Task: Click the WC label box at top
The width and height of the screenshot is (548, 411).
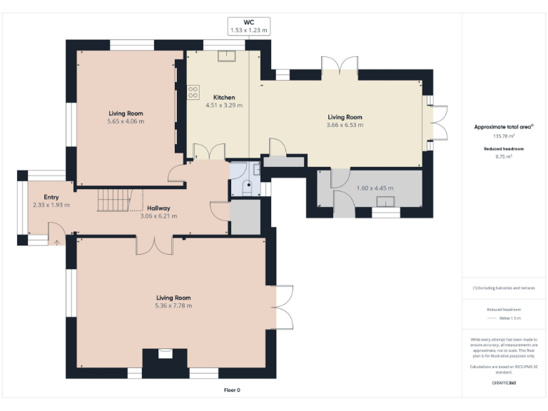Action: pos(248,26)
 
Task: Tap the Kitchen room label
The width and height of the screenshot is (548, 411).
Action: pos(223,97)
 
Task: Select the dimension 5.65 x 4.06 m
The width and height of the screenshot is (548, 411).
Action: pos(126,121)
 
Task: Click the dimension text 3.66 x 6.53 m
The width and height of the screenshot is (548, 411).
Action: pos(345,125)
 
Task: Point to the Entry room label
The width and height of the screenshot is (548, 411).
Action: pos(51,197)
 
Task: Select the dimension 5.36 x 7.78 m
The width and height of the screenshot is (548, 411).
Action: pos(173,305)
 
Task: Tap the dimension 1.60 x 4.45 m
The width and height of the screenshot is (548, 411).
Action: pos(374,188)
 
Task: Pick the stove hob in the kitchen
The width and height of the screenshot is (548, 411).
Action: pos(193,91)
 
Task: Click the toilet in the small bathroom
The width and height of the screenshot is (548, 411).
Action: pos(246,187)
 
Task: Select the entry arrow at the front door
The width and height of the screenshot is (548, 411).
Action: pos(56,242)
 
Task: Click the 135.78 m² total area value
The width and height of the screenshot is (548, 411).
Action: pos(504,136)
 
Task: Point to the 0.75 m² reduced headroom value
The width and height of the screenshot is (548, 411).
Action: pos(504,156)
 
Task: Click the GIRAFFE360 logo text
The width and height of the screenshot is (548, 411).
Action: pos(504,383)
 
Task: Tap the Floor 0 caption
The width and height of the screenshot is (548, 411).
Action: pos(233,390)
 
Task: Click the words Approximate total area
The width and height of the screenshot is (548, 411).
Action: pos(502,127)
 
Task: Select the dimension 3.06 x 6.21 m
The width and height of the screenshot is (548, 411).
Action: pos(158,216)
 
